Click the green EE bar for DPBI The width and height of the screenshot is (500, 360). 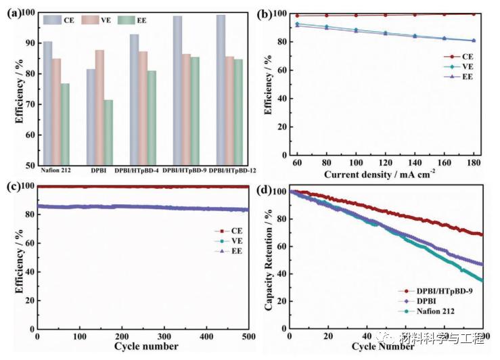pos(108,132)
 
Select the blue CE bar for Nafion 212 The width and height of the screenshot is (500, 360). pos(48,103)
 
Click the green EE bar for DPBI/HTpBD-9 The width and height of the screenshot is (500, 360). pos(195,111)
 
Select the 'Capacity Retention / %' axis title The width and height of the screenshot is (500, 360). pos(269,260)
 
